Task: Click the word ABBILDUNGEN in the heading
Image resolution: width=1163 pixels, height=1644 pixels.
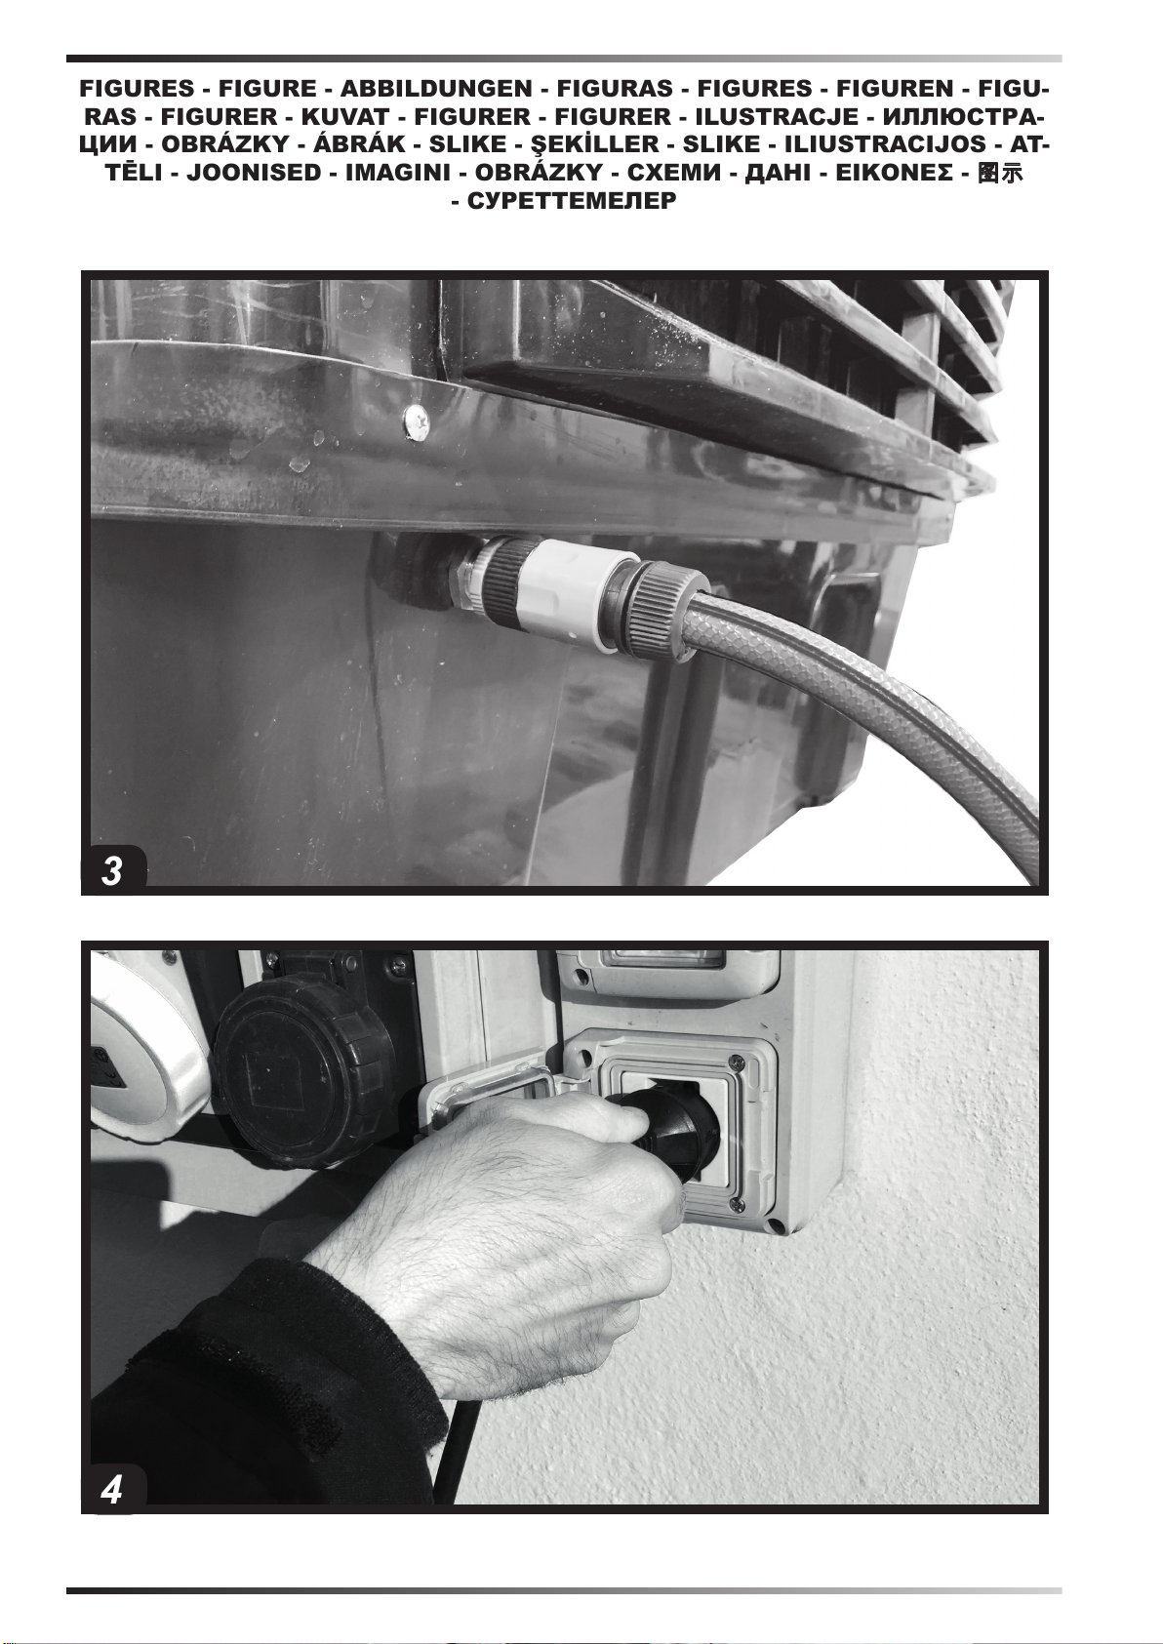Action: click(x=436, y=89)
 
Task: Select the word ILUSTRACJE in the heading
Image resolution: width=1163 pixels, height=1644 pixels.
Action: click(x=777, y=117)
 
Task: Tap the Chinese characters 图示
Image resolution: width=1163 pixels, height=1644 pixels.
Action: click(x=999, y=174)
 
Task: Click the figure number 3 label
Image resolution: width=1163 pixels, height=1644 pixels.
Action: click(x=112, y=871)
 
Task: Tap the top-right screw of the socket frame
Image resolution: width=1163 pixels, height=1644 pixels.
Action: click(x=735, y=1062)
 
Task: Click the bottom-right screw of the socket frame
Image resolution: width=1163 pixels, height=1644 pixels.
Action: click(x=736, y=1203)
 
